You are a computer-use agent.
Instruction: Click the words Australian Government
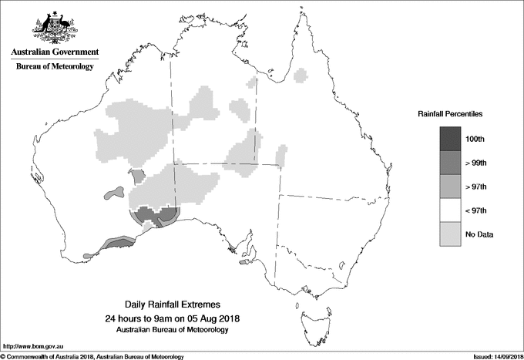click(x=54, y=52)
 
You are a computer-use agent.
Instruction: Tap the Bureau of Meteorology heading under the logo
click(x=54, y=67)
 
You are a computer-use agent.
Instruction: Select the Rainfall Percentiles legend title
click(x=450, y=113)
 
